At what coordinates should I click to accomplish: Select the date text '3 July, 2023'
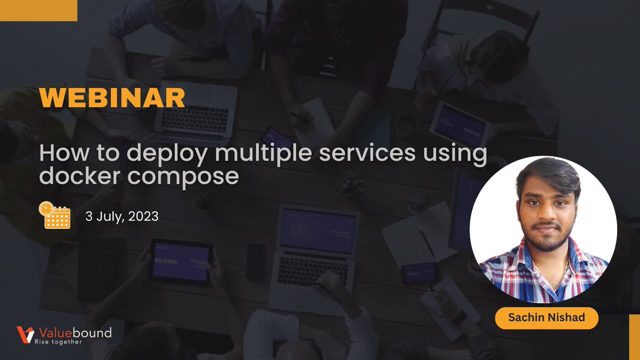122,217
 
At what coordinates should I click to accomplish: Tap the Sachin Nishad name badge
546,318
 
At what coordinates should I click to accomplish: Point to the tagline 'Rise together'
58,342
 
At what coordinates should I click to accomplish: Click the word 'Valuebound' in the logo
73,332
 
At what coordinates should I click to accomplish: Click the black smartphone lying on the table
255,261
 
